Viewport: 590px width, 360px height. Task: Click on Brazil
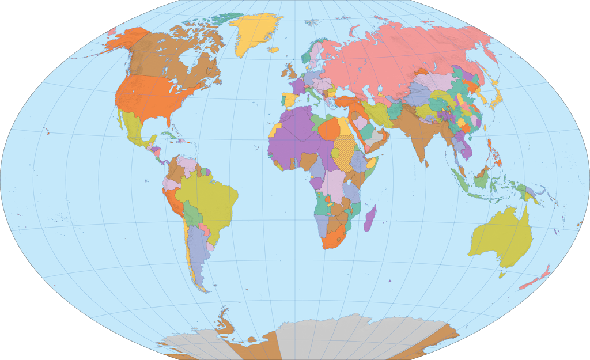[x=210, y=199]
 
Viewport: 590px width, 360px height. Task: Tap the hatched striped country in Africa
[x=346, y=150]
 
